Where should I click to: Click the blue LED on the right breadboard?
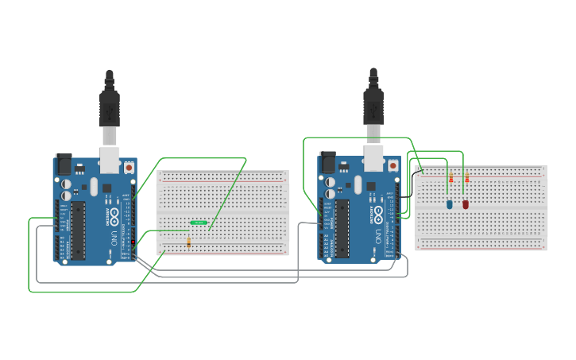tap(449, 204)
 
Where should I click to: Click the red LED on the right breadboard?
tap(466, 204)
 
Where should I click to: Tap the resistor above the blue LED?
tap(450, 180)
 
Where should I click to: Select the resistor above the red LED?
tap(466, 180)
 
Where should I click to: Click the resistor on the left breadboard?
tap(188, 243)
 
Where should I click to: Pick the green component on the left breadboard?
tap(199, 223)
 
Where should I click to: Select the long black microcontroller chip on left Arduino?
tap(78, 230)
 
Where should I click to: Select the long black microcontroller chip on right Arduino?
tap(342, 229)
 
